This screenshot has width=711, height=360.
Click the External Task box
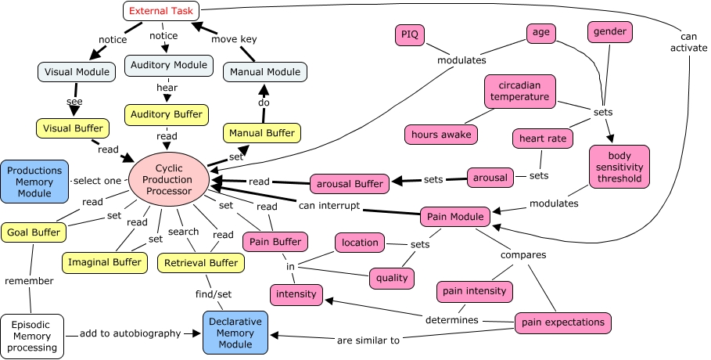(x=162, y=12)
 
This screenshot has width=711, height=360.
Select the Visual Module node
(x=71, y=72)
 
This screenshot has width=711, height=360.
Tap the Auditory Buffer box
(x=167, y=114)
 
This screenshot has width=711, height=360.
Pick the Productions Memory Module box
(x=34, y=181)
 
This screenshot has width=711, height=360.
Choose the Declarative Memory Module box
(x=235, y=332)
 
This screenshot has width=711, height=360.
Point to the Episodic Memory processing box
(x=32, y=335)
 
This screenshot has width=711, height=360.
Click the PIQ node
(x=410, y=34)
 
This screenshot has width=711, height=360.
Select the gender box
(x=610, y=32)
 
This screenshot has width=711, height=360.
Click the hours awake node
(x=442, y=134)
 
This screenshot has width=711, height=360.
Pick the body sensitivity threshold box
(x=618, y=166)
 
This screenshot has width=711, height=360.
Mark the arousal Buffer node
(x=350, y=184)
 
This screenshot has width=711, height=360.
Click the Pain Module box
(x=455, y=215)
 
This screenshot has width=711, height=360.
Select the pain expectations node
(x=562, y=322)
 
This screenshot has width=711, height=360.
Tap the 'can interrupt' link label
(x=329, y=206)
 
